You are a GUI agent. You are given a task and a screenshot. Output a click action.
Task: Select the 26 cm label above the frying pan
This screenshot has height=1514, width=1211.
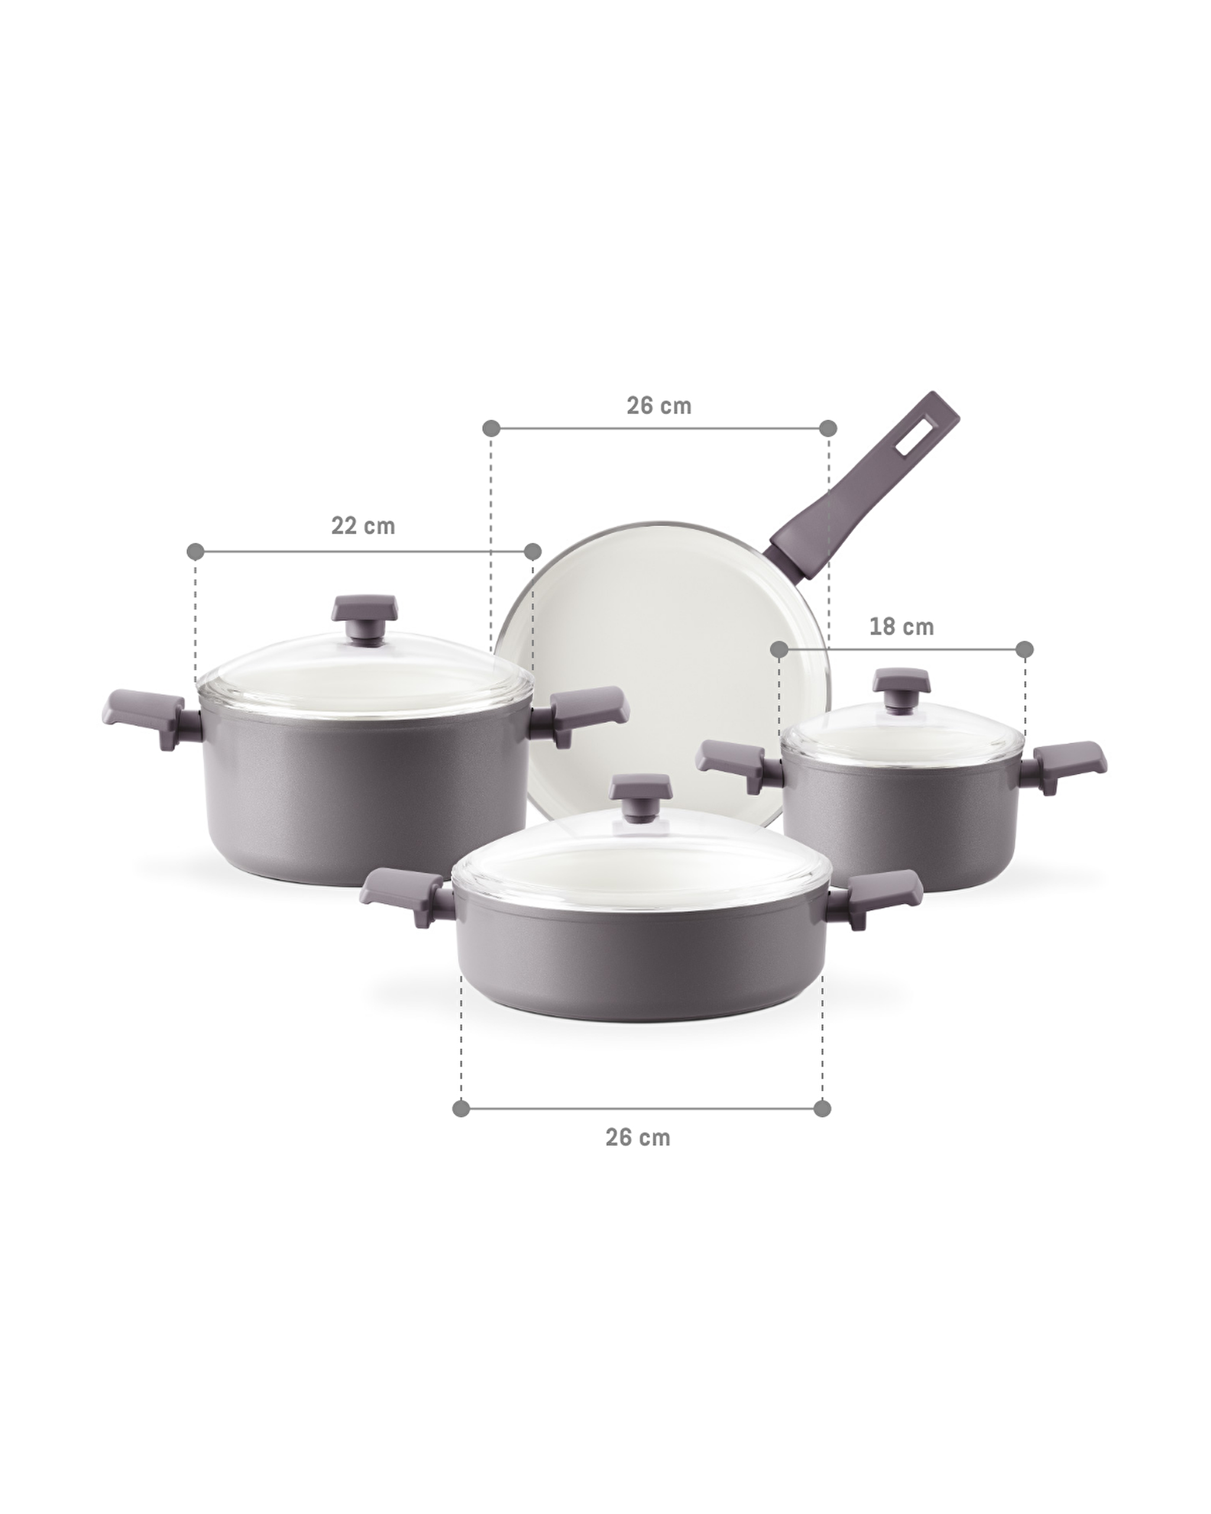pyautogui.click(x=659, y=406)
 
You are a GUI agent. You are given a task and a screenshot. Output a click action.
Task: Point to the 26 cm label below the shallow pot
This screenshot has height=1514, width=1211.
pyautogui.click(x=637, y=1137)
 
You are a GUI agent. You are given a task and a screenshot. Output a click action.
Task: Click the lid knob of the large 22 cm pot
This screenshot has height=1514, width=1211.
pyautogui.click(x=365, y=616)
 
